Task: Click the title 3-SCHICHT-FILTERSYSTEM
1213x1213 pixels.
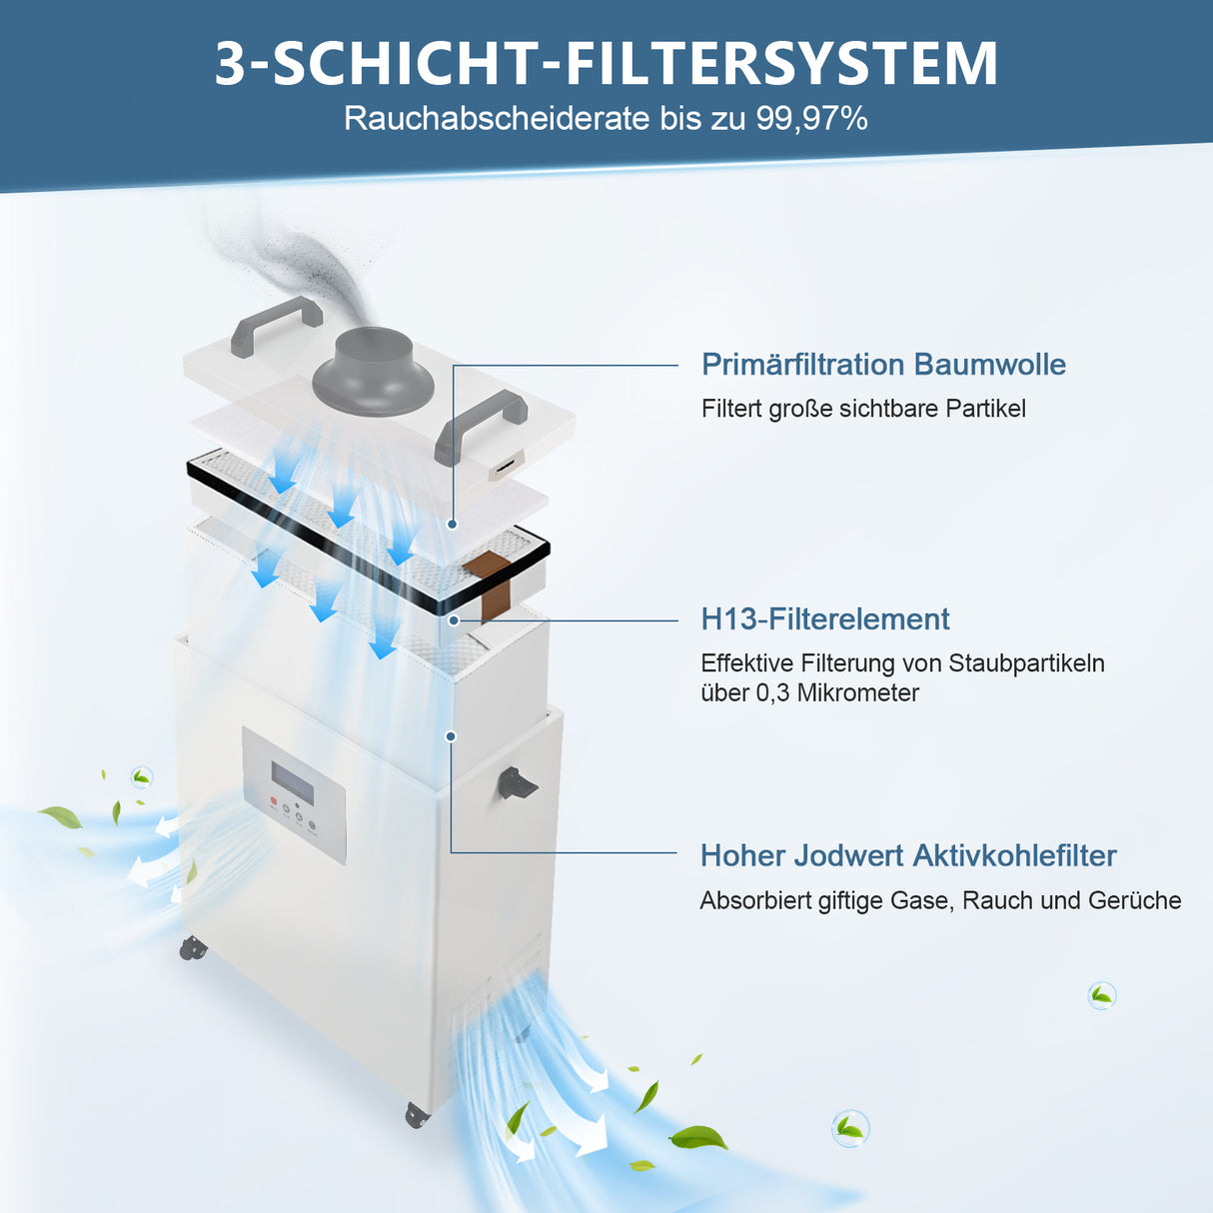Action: (x=606, y=63)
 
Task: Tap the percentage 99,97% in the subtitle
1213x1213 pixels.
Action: (x=811, y=119)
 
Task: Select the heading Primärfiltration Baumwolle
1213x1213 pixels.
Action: (x=883, y=365)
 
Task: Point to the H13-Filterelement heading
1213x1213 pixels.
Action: (x=825, y=619)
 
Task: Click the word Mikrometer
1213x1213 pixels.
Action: (x=857, y=693)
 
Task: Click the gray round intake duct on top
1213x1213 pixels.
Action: (x=372, y=372)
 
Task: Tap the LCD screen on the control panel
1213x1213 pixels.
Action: (x=293, y=781)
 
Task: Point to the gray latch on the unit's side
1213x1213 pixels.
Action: (x=517, y=782)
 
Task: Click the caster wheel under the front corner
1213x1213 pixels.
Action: (x=418, y=1114)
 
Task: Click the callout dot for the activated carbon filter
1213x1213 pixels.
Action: (x=451, y=736)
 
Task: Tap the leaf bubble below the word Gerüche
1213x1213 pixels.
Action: (x=1101, y=995)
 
